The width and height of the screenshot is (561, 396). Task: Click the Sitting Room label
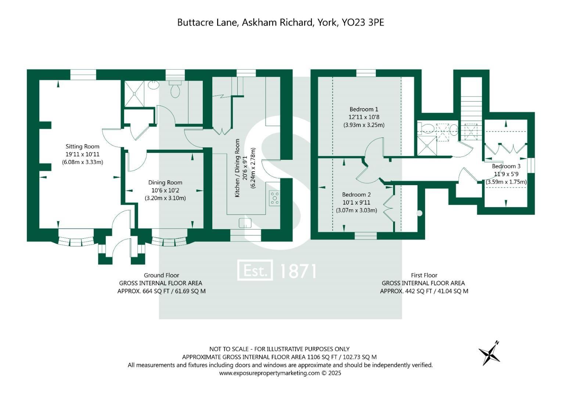pyautogui.click(x=82, y=147)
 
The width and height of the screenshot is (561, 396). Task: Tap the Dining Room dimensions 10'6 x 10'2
pyautogui.click(x=165, y=191)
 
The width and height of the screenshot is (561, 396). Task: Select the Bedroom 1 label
pyautogui.click(x=364, y=109)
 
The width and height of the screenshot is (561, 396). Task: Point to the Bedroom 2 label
pyautogui.click(x=356, y=194)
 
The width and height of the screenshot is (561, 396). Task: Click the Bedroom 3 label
pyautogui.click(x=506, y=166)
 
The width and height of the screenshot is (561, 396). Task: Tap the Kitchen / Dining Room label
pyautogui.click(x=237, y=168)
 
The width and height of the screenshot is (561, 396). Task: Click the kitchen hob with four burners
pyautogui.click(x=275, y=198)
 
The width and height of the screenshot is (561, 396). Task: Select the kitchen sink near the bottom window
pyautogui.click(x=245, y=223)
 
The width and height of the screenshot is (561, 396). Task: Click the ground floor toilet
pyautogui.click(x=175, y=89)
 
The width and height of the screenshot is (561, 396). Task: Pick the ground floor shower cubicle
pyautogui.click(x=134, y=94)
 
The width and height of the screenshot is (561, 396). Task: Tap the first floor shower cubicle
pyautogui.click(x=427, y=146)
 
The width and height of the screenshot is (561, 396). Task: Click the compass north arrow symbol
pyautogui.click(x=489, y=353)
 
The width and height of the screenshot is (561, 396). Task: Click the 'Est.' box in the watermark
pyautogui.click(x=255, y=270)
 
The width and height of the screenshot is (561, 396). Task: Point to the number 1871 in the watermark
pyautogui.click(x=298, y=271)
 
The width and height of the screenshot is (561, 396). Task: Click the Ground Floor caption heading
pyautogui.click(x=162, y=275)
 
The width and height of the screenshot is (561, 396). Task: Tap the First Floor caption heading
pyautogui.click(x=424, y=275)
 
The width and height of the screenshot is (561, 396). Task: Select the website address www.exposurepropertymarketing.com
pyautogui.click(x=270, y=373)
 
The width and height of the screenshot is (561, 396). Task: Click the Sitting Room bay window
pyautogui.click(x=76, y=241)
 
